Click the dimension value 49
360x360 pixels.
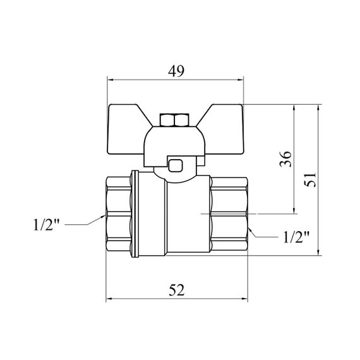click(x=176, y=71)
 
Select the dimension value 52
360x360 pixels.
click(x=177, y=290)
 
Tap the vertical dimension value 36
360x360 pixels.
click(x=285, y=159)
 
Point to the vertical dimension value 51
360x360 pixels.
click(x=310, y=180)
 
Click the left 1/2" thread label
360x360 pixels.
click(x=46, y=224)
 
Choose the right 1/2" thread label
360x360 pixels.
click(x=296, y=237)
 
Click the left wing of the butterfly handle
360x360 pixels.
click(x=128, y=129)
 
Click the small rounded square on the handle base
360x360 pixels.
click(x=176, y=165)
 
